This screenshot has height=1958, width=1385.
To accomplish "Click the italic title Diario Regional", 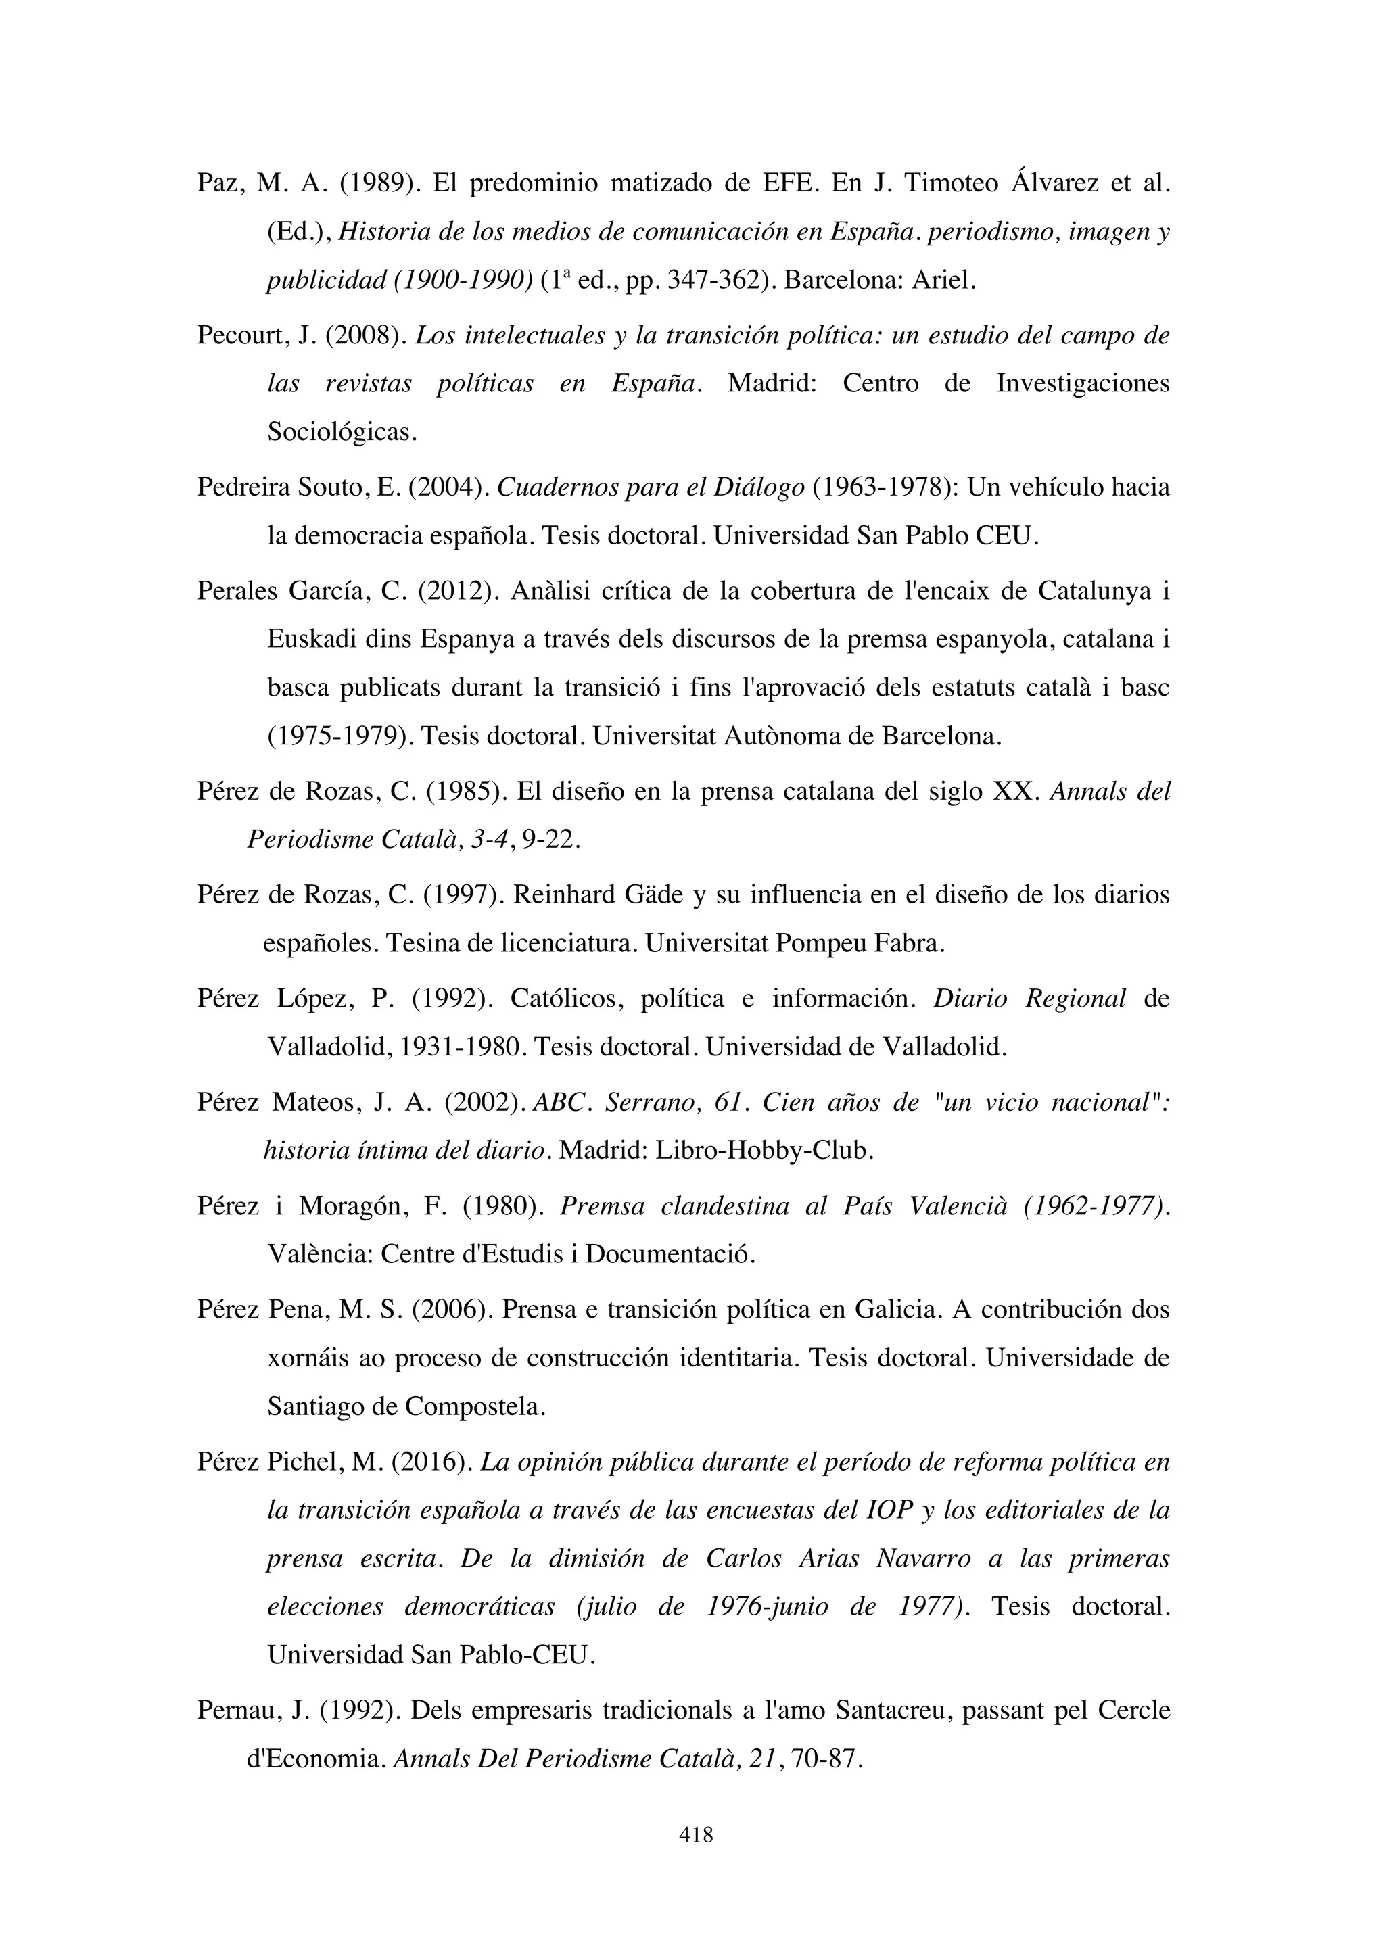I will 1029,999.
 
